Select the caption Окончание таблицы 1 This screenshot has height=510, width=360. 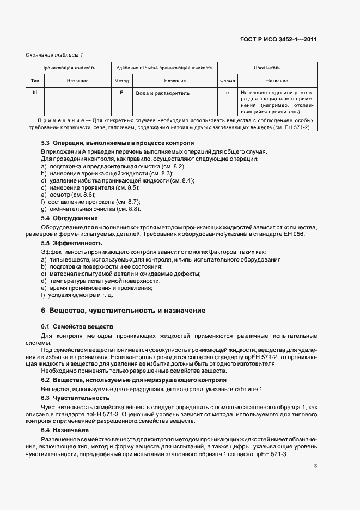54,54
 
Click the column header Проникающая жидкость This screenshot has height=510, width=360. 69,68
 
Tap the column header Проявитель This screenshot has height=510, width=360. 267,68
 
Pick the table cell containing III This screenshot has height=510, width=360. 35,93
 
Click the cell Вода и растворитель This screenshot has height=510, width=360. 162,93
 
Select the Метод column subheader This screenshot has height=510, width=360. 121,81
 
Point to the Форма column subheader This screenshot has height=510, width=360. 227,81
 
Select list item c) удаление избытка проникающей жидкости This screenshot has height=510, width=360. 118,180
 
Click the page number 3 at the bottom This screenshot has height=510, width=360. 315,466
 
